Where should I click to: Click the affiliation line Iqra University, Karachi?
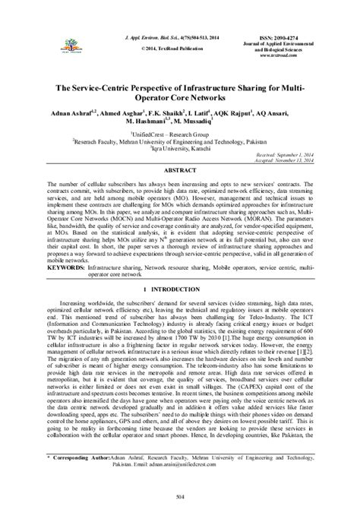click(180, 148)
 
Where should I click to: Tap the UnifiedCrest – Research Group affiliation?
click(180, 133)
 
